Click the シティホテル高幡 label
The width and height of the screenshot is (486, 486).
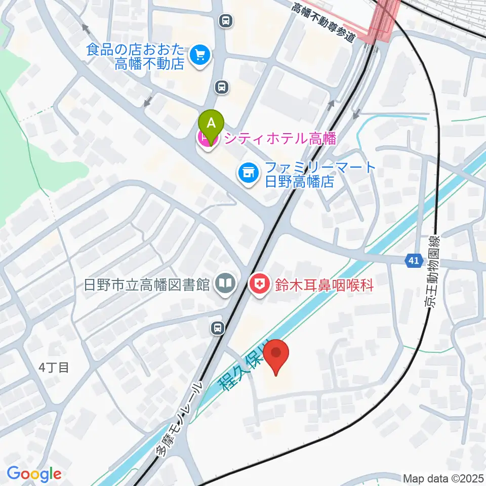[x=280, y=137]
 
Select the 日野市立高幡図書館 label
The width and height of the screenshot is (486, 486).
[x=147, y=285]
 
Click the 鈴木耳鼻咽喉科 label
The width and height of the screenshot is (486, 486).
[x=324, y=286]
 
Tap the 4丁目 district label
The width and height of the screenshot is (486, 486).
[x=53, y=367]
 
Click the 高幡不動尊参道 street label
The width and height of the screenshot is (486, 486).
[x=325, y=24]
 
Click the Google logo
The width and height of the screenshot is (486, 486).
[x=34, y=474]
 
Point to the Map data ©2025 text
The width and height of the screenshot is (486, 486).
[x=443, y=478]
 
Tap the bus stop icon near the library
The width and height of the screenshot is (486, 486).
[x=218, y=328]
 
